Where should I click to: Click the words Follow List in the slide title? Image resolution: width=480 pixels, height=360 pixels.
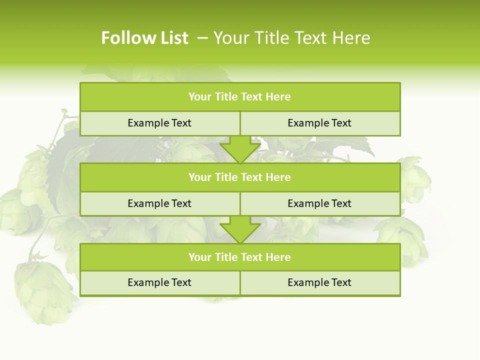coord(144,38)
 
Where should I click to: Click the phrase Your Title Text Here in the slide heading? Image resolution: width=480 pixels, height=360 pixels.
coord(292,38)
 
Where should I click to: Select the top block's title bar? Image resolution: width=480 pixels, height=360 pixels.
coord(240,97)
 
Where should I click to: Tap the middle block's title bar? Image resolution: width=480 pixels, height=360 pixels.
coord(240,177)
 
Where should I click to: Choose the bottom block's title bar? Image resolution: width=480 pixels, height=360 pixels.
coord(240,257)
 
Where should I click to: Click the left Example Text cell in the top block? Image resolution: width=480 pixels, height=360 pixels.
coord(159,123)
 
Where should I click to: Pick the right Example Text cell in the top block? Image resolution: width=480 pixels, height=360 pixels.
coord(319,123)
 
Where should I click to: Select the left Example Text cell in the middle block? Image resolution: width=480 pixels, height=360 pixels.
coord(159,203)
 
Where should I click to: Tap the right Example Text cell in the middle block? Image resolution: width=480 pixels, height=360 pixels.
coord(319,203)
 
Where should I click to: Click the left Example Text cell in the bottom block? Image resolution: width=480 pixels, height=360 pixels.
coord(159,282)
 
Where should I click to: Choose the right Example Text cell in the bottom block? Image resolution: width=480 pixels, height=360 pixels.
coord(319,282)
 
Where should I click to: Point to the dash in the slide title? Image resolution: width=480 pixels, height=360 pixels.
coord(202,38)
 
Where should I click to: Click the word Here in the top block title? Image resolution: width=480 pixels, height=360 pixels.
coord(278,97)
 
